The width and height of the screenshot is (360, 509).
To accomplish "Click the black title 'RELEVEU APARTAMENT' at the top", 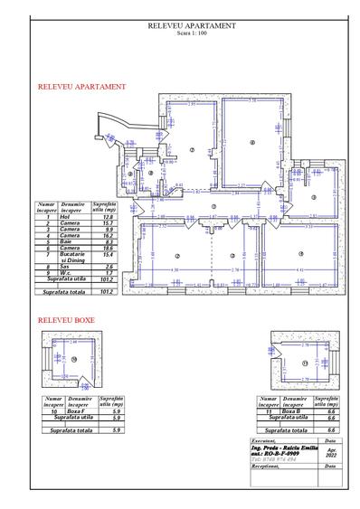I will pos(191,26).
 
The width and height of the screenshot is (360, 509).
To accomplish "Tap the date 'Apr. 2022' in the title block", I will pos(332,452).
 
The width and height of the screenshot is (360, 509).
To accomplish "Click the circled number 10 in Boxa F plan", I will pos(76,361).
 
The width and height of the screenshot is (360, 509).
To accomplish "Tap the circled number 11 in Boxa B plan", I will pos(305,363).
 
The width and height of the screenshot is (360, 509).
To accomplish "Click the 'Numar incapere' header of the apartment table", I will pos(47,207).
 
